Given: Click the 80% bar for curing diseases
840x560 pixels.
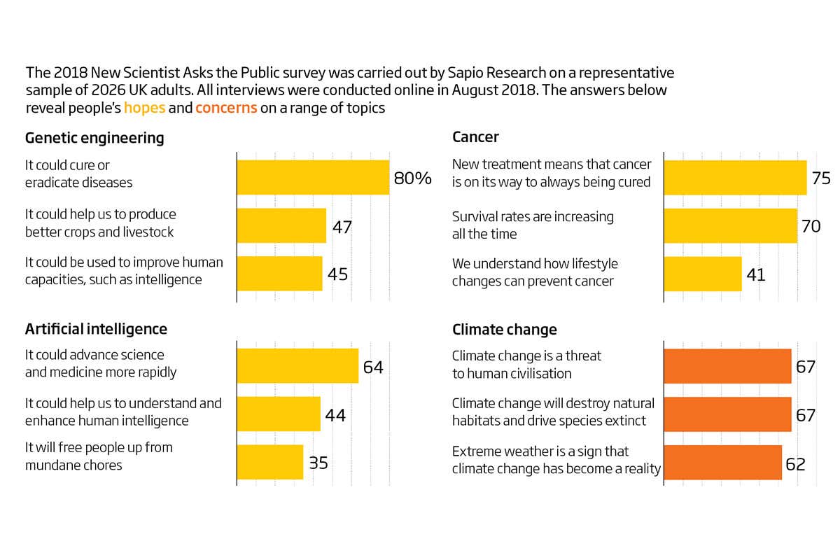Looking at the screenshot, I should pos(313,177).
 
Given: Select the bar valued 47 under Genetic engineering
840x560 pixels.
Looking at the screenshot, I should pos(281,225).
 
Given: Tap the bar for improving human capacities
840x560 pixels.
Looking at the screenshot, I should pos(279,273).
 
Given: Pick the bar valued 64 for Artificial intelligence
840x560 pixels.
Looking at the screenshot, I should pos(297,365).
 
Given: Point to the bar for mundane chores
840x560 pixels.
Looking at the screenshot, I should pos(269,462).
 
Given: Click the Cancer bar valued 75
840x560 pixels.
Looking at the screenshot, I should pos(735,177).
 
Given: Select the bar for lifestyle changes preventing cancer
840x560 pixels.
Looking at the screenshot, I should pos(702,273).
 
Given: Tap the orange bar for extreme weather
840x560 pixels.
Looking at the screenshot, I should pos(722,462).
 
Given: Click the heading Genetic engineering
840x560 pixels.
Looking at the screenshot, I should pos(94,138).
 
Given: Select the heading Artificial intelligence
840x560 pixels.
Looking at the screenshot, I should pos(96,329).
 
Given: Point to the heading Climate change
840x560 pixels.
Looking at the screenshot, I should pos(504,329).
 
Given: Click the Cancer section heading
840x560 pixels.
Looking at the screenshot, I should pos(475,138).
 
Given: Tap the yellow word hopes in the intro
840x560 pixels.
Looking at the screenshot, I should pos(144,108).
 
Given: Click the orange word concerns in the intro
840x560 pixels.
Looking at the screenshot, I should pos(226,108).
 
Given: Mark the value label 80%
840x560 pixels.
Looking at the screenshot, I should pos(412,178).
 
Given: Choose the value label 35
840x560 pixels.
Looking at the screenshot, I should pos(318,463).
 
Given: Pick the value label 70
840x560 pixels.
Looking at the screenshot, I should pos(811,225).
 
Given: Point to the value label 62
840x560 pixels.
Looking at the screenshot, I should pos(796,463).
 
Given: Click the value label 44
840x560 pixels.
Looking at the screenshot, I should pos(335,414).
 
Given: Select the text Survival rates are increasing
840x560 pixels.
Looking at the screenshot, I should pos(533,217).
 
